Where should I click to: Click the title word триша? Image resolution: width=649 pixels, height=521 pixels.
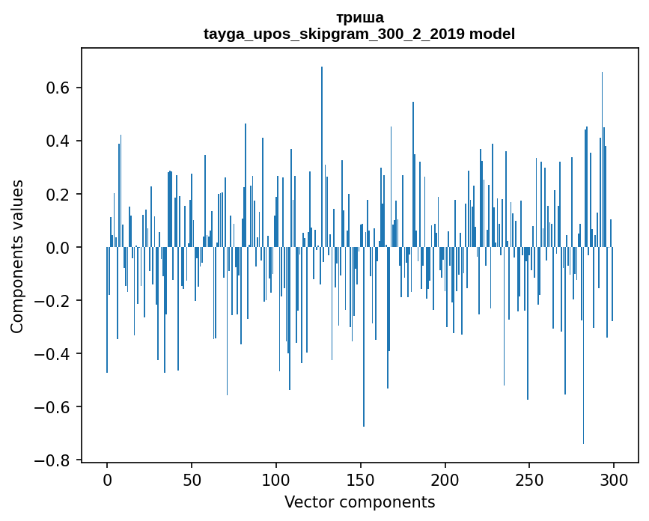pyautogui.click(x=360, y=17)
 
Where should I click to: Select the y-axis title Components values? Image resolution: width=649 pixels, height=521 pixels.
pyautogui.click(x=17, y=256)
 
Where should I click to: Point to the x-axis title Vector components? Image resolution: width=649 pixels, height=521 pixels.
pyautogui.click(x=359, y=502)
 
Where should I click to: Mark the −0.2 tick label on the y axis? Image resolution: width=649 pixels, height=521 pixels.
pyautogui.click(x=55, y=301)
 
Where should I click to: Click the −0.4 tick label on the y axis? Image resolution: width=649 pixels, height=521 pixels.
pyautogui.click(x=55, y=354)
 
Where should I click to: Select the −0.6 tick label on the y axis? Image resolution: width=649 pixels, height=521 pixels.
pyautogui.click(x=55, y=407)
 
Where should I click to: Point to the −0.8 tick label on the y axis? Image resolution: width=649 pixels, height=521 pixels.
pyautogui.click(x=55, y=460)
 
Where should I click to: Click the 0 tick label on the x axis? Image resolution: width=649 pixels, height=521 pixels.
pyautogui.click(x=107, y=479)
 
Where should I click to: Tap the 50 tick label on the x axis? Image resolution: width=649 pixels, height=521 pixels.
pyautogui.click(x=192, y=479)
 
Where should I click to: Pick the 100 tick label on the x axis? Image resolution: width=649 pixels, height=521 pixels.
pyautogui.click(x=276, y=479)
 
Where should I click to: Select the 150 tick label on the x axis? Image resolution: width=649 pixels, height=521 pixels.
pyautogui.click(x=361, y=479)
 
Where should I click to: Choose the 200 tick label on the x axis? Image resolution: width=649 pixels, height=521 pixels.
pyautogui.click(x=445, y=479)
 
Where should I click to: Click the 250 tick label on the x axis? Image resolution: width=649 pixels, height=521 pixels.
pyautogui.click(x=529, y=479)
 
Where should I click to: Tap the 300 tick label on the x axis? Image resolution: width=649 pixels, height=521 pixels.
pyautogui.click(x=614, y=479)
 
